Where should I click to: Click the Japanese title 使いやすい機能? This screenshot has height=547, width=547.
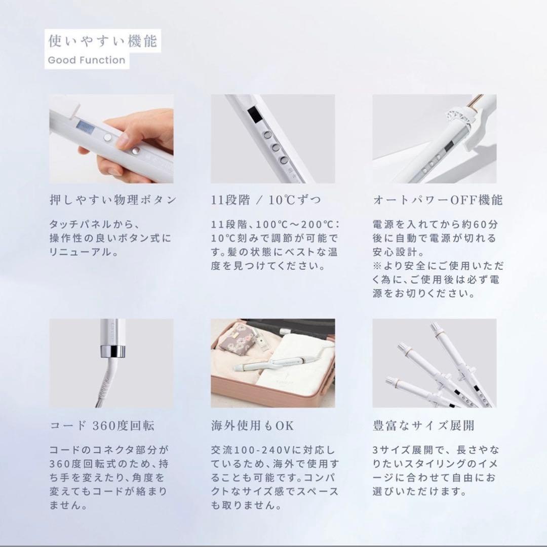pos(102,41)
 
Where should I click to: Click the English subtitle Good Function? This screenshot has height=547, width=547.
pos(86,60)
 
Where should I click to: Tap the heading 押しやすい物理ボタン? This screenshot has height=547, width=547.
pos(112,200)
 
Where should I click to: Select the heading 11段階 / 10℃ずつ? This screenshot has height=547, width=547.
pos(266,200)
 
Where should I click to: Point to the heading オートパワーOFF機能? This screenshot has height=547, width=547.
pos(438,200)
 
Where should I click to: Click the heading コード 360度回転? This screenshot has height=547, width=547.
pos(102,425)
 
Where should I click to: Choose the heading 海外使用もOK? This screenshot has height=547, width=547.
pos(252,425)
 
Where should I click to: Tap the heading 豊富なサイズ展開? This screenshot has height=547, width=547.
pos(423,425)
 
